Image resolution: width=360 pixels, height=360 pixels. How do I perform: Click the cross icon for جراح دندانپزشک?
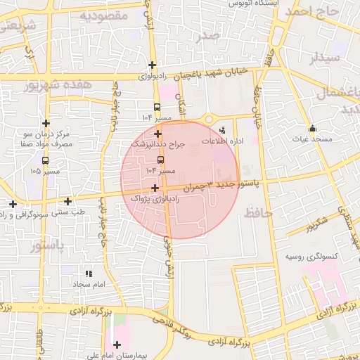[x=157, y=134]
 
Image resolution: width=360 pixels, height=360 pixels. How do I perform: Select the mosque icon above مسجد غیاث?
[x=312, y=129]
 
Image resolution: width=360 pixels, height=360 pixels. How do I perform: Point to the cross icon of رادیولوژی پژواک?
[x=155, y=188]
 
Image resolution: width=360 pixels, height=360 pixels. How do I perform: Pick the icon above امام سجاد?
[x=89, y=274]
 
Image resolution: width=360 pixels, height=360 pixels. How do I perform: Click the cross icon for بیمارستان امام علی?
[x=117, y=345]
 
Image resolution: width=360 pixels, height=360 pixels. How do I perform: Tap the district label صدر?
[x=209, y=35]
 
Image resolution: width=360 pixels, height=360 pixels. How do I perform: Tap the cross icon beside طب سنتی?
[x=67, y=202]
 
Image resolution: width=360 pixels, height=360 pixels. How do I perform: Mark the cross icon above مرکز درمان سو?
[x=46, y=122]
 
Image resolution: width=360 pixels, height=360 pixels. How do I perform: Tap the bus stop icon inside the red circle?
[x=161, y=160]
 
